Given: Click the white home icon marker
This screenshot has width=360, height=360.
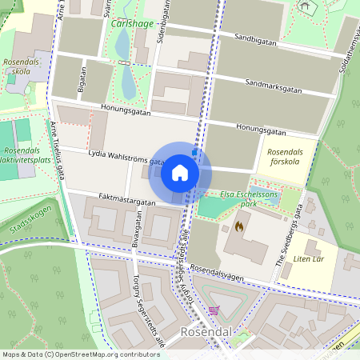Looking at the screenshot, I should (x=179, y=173).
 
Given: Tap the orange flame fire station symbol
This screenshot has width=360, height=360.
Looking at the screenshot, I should (x=238, y=227).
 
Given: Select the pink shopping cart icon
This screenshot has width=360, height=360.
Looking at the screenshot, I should (x=213, y=310).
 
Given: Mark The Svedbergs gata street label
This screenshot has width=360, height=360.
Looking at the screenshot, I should (x=291, y=236).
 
